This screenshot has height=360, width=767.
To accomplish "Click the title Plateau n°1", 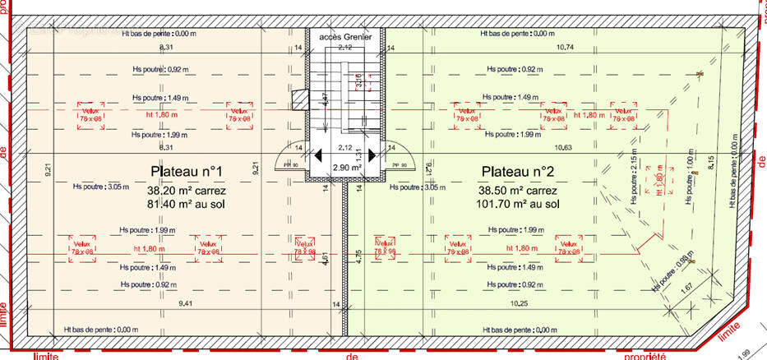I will [187, 171].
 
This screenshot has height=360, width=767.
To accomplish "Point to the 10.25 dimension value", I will [519, 303].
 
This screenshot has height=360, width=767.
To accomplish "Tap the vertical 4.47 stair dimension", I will [326, 100].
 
